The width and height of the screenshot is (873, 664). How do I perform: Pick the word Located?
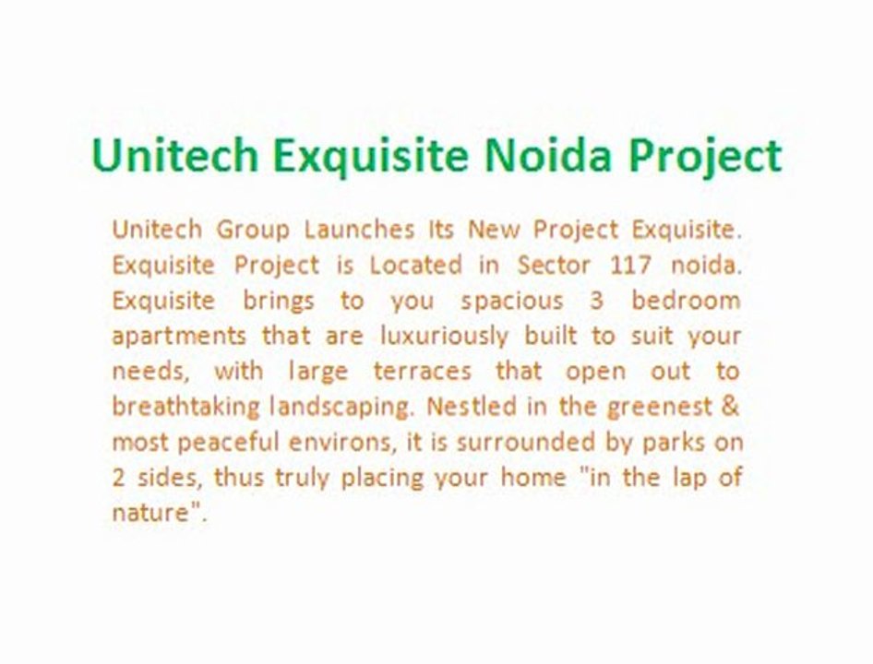[415, 265]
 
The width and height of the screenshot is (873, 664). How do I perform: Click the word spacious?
[511, 302]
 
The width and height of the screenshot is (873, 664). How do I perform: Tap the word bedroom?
[686, 301]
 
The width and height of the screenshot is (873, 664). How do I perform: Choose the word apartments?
[179, 336]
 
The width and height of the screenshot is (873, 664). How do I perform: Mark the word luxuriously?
[444, 336]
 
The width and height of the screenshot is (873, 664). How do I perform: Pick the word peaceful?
[227, 443]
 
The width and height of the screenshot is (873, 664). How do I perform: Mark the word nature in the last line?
[150, 514]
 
